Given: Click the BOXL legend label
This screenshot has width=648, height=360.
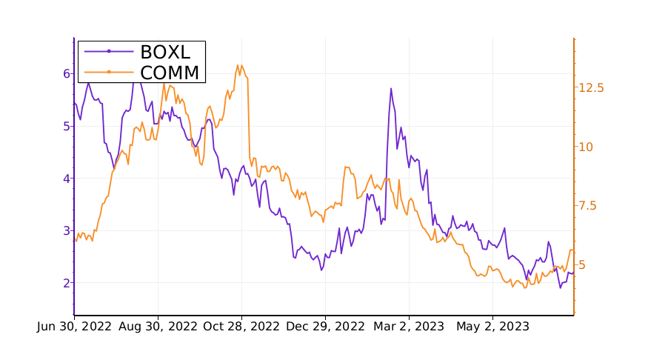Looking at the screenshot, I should click(165, 52).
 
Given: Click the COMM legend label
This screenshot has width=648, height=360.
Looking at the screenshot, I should click(170, 72).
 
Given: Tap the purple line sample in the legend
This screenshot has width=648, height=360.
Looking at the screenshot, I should click(109, 52).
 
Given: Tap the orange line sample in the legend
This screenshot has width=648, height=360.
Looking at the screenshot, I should click(109, 72).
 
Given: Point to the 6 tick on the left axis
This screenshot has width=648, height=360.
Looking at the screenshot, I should click(66, 73).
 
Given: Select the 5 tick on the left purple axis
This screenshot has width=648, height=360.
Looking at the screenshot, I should click(66, 126).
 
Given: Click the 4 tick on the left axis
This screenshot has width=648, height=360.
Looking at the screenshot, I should click(66, 179).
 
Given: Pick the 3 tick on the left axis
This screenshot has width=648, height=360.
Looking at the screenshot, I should click(66, 230).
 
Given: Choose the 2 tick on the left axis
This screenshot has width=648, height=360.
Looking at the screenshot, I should click(66, 283).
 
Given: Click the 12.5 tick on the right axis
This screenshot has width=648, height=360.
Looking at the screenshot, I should click(591, 87).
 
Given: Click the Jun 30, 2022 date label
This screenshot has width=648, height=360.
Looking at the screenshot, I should click(74, 327).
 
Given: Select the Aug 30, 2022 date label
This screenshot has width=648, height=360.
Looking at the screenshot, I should click(158, 327).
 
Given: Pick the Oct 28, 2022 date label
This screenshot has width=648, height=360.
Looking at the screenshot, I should click(241, 327).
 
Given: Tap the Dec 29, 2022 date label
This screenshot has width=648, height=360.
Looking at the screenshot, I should click(325, 327).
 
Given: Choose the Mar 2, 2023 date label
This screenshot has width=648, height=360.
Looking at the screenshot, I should click(409, 327).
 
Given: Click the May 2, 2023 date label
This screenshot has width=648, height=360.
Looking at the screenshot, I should click(492, 327).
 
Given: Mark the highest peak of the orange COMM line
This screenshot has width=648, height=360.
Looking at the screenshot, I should click(238, 64).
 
